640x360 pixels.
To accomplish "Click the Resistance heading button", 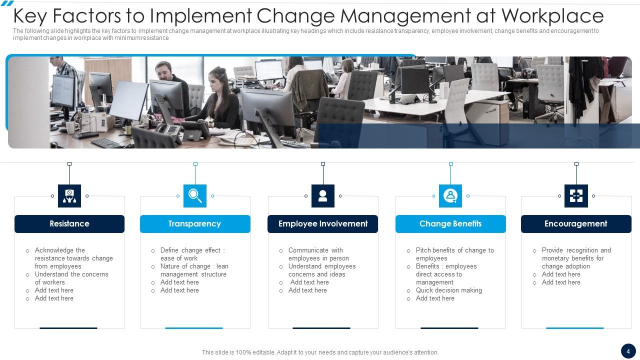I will tap(69, 224).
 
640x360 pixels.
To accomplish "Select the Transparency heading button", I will tap(195, 224).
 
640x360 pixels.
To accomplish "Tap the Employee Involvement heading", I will tap(323, 224).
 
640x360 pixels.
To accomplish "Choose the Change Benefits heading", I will tap(450, 224).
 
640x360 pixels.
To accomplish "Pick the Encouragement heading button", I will tap(576, 224).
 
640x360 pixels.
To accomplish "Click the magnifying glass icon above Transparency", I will tap(195, 196).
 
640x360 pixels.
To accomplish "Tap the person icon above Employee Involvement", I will tap(323, 196).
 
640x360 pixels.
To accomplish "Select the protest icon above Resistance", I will tap(69, 196).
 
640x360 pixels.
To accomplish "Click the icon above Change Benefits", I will tap(450, 196).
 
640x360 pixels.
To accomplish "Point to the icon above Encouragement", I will tap(576, 196).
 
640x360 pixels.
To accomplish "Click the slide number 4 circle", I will tap(628, 350).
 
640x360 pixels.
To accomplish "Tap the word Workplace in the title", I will tap(552, 16).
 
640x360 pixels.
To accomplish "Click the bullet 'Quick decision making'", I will tap(449, 290).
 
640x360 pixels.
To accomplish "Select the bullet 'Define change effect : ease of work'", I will tap(192, 254).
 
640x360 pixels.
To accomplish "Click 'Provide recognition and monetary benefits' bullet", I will tap(576, 258).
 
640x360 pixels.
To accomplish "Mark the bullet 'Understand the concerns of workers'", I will tap(71, 278).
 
